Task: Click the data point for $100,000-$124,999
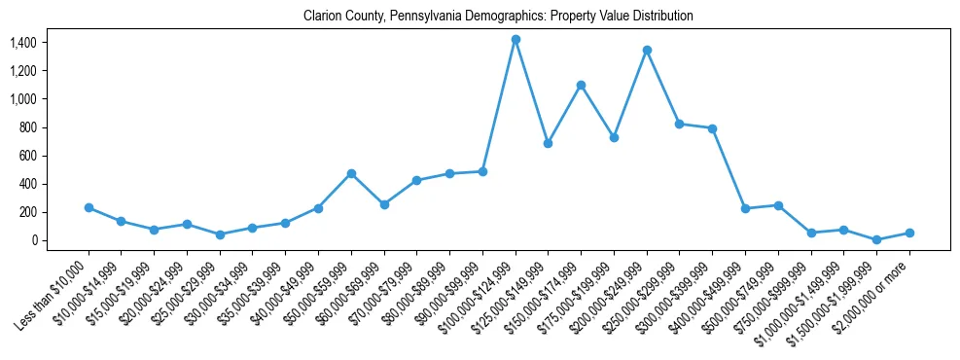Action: pyautogui.click(x=516, y=40)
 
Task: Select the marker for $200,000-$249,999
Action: pyautogui.click(x=647, y=50)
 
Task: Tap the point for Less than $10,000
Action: pyautogui.click(x=89, y=207)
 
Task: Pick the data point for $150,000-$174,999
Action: pyautogui.click(x=581, y=85)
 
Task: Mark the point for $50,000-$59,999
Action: pyautogui.click(x=351, y=173)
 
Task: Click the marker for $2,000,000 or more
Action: pyautogui.click(x=909, y=233)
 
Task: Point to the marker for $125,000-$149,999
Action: pyautogui.click(x=549, y=143)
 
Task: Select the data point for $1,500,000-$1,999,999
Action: pyautogui.click(x=876, y=239)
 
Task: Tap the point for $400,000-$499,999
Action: pyautogui.click(x=745, y=208)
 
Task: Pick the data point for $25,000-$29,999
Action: pyautogui.click(x=220, y=234)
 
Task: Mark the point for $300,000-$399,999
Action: pyautogui.click(x=712, y=128)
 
